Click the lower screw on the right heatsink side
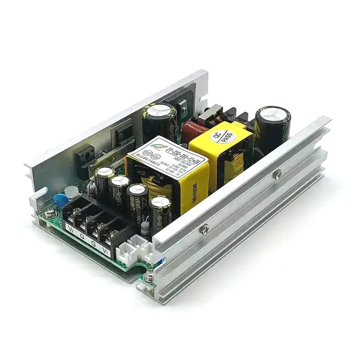click(205, 229)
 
